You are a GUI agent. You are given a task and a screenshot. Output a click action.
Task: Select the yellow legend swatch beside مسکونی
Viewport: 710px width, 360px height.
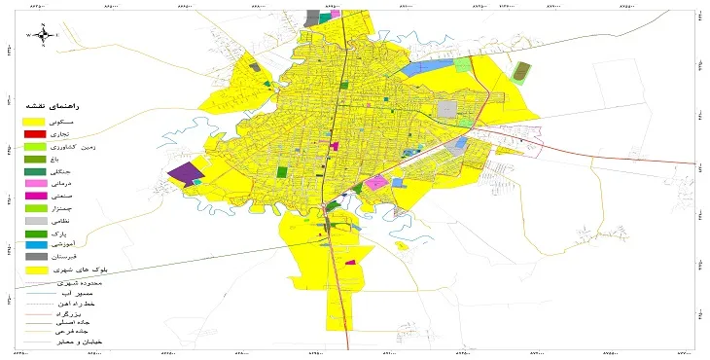[x=35, y=121]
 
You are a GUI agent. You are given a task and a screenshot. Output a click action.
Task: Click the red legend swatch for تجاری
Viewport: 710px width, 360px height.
[x=35, y=133]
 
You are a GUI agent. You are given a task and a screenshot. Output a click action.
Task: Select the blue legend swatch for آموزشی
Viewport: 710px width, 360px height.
[x=35, y=247]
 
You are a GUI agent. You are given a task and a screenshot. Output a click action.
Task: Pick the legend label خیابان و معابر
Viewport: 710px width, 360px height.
[x=87, y=342]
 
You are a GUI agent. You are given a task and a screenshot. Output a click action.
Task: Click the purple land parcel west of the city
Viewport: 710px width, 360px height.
[x=182, y=174]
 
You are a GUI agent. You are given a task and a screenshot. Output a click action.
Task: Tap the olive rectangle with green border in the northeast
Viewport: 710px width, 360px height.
[x=521, y=72]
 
